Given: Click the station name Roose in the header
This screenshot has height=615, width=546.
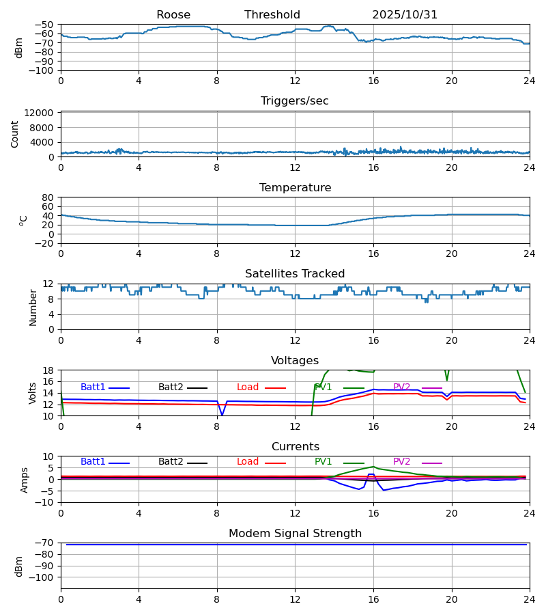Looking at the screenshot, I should [173, 15].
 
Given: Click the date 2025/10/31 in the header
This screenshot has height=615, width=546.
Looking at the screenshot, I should [405, 15].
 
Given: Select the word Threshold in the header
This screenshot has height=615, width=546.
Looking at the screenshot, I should [272, 15].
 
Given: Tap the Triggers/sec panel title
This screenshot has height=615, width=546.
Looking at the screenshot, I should [295, 101].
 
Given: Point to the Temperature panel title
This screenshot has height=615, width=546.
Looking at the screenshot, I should [295, 188].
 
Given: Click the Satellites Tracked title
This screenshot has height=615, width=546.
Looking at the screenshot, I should [295, 274].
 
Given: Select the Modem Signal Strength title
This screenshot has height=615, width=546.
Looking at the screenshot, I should [295, 534].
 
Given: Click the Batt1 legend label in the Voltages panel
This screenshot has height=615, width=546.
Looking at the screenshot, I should [93, 387].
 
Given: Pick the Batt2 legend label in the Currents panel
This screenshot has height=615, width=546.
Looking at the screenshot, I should [171, 462].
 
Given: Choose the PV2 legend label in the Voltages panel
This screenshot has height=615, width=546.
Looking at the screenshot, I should [402, 387].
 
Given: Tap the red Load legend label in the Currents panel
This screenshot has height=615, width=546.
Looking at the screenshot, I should [248, 462].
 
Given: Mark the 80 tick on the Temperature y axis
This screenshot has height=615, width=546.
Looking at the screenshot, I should [48, 197].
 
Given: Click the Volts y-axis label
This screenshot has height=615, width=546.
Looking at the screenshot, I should [33, 393].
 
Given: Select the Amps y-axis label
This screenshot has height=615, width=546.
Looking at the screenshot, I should [25, 480].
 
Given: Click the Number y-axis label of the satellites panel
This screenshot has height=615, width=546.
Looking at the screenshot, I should [33, 307].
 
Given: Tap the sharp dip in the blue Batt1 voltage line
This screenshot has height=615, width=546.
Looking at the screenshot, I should [222, 414].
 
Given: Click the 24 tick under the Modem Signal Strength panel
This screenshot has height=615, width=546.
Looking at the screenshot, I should [530, 599].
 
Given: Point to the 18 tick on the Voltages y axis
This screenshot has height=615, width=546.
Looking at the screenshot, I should [48, 370].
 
